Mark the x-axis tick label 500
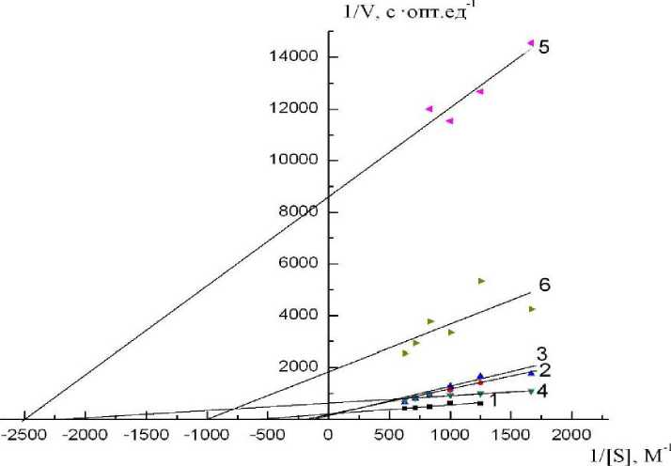(390, 434)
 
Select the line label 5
(543, 47)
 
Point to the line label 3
(542, 354)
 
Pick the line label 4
(542, 390)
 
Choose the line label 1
(492, 401)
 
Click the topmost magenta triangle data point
(531, 43)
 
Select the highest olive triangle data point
(481, 281)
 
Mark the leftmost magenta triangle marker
(429, 109)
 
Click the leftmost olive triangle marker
(405, 353)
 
